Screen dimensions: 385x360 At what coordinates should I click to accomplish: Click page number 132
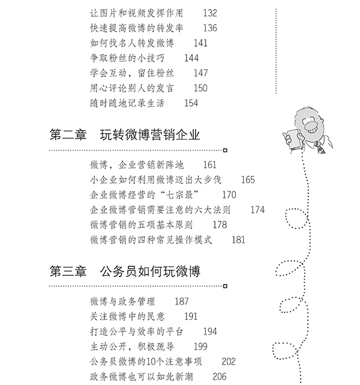click(x=209, y=13)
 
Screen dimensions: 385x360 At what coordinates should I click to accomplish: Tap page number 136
click(x=209, y=28)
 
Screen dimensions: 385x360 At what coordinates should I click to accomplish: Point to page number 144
click(x=191, y=58)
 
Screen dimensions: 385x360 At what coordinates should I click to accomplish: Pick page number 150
click(x=200, y=88)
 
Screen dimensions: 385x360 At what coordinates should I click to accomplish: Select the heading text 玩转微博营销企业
click(x=151, y=135)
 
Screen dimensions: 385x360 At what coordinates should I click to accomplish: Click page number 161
click(x=209, y=164)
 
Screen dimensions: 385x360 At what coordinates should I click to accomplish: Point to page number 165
click(x=247, y=179)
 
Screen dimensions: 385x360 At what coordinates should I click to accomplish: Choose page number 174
click(x=257, y=210)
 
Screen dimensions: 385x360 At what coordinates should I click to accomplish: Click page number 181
click(x=238, y=240)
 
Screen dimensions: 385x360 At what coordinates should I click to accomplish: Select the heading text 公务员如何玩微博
click(x=151, y=272)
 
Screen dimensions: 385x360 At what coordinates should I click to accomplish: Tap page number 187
click(x=181, y=301)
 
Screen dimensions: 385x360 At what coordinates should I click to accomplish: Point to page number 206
click(x=220, y=377)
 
